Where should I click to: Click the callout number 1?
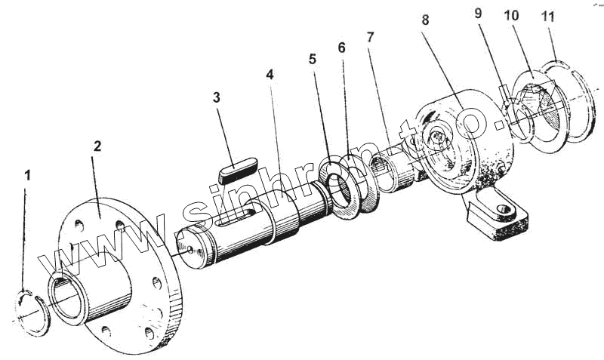click(x=28, y=175)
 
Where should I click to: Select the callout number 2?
click(x=97, y=146)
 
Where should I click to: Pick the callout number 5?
click(x=313, y=59)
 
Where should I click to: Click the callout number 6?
click(x=341, y=48)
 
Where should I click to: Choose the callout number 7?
click(x=369, y=37)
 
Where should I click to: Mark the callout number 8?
click(x=425, y=20)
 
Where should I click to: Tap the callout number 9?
click(x=478, y=14)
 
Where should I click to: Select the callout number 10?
click(x=512, y=14)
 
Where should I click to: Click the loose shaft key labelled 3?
click(x=238, y=167)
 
